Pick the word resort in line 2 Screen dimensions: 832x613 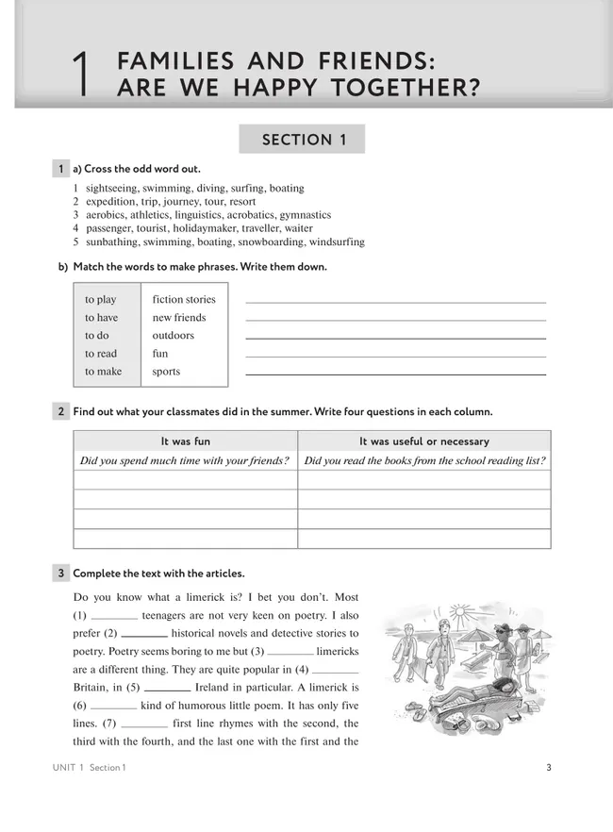click(241, 202)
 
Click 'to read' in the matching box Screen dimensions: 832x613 click(101, 354)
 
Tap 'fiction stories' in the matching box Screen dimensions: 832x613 click(184, 300)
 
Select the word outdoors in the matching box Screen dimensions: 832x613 click(173, 336)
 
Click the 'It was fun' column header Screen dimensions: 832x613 click(186, 441)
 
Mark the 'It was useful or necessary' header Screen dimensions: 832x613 click(423, 441)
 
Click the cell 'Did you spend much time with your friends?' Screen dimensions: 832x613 click(185, 461)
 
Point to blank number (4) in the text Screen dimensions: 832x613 click(340, 670)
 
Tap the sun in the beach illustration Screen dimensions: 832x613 click(460, 613)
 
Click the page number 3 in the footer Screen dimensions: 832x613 click(549, 767)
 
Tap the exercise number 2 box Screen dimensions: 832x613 click(60, 411)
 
